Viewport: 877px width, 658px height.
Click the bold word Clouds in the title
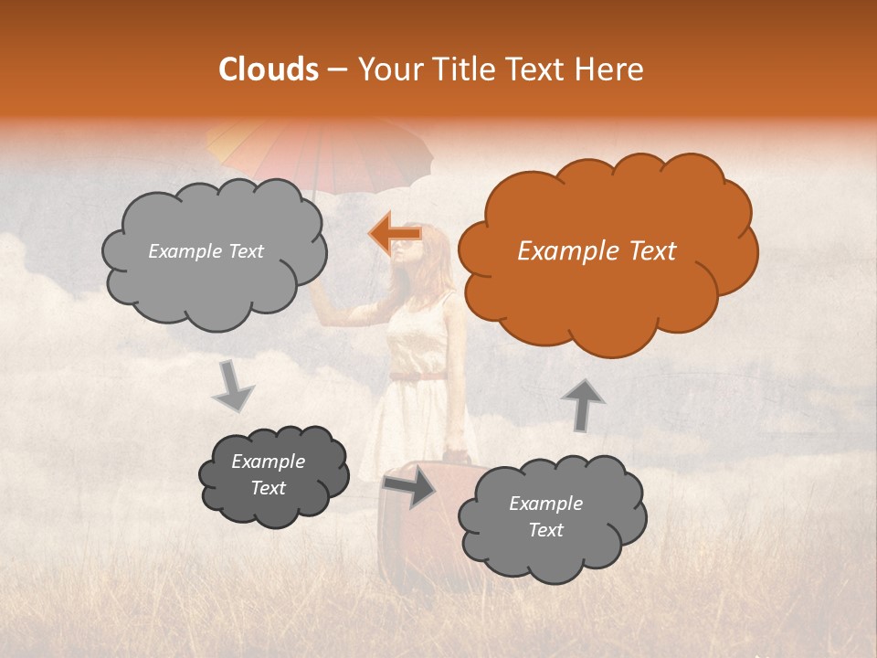[x=269, y=69]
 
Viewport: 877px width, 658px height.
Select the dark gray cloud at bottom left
[x=272, y=475]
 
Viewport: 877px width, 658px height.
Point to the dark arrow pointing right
[x=410, y=488]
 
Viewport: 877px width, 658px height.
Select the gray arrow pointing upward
[x=582, y=404]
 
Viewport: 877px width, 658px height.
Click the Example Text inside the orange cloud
[x=597, y=251]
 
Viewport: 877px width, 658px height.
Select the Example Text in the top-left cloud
[x=206, y=251]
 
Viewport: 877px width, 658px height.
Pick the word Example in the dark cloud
[x=268, y=462]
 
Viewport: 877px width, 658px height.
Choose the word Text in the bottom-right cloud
[x=545, y=530]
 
